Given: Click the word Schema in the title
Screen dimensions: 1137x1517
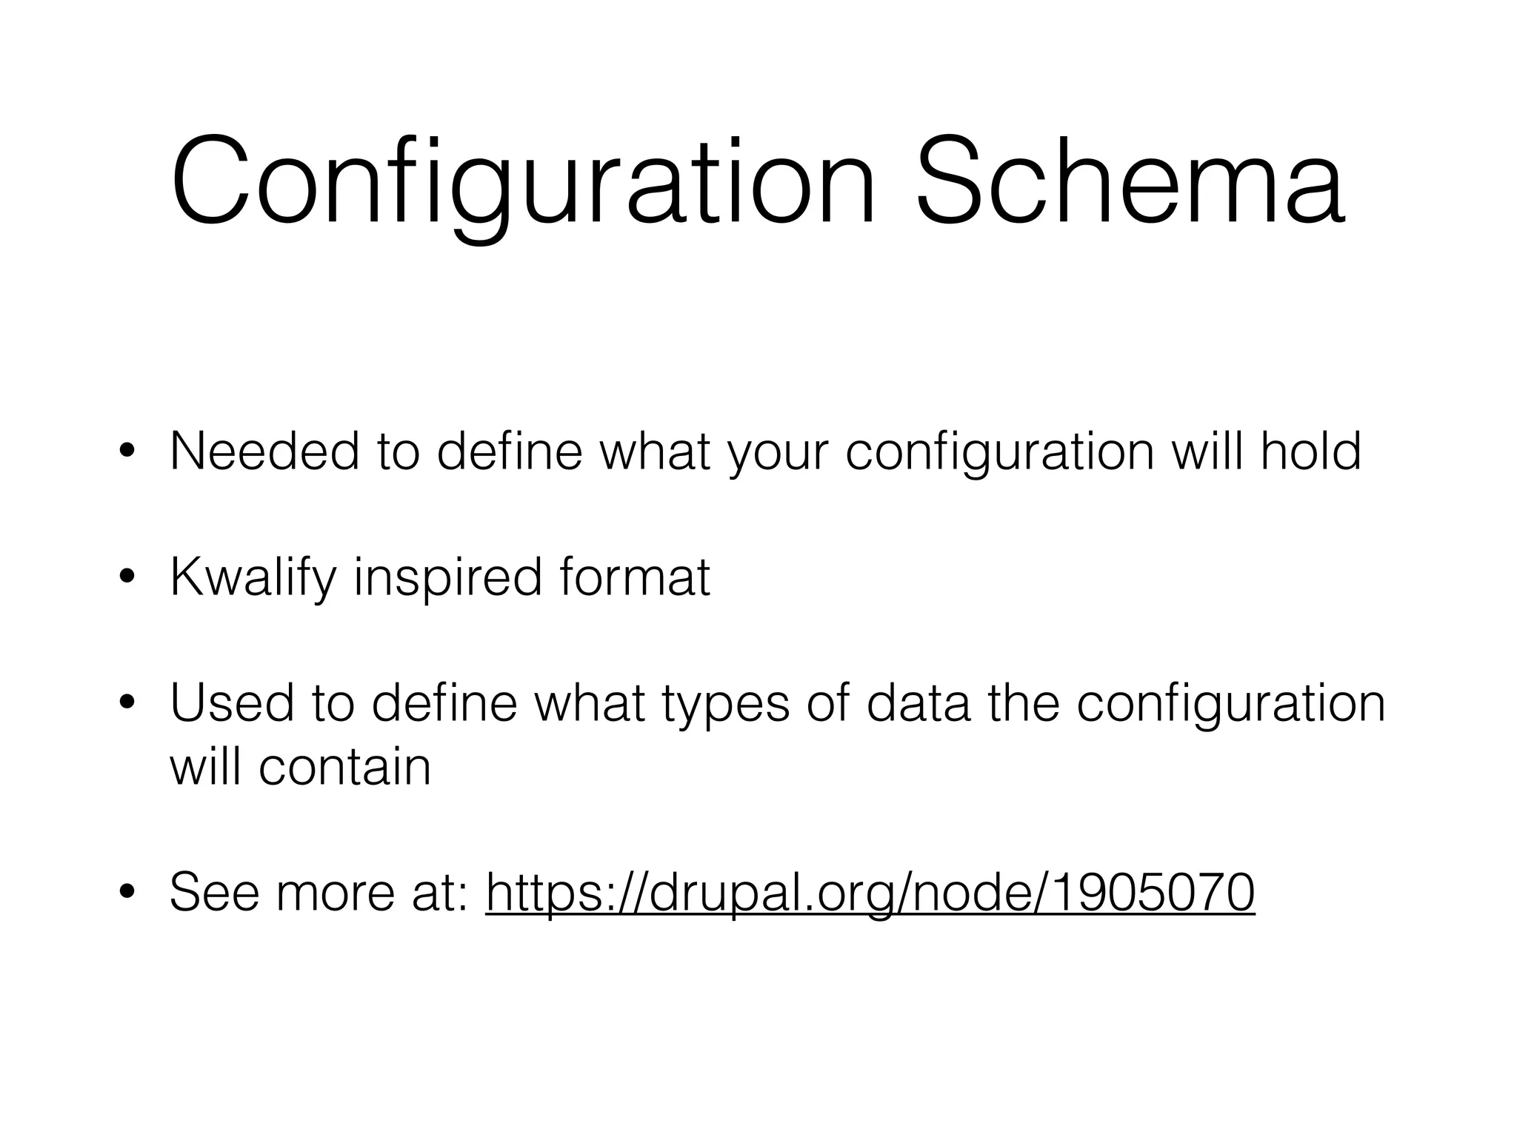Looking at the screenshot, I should point(1129,181).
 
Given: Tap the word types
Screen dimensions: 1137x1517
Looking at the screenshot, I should point(725,705).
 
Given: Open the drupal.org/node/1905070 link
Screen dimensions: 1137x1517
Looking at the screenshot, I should point(870,893).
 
